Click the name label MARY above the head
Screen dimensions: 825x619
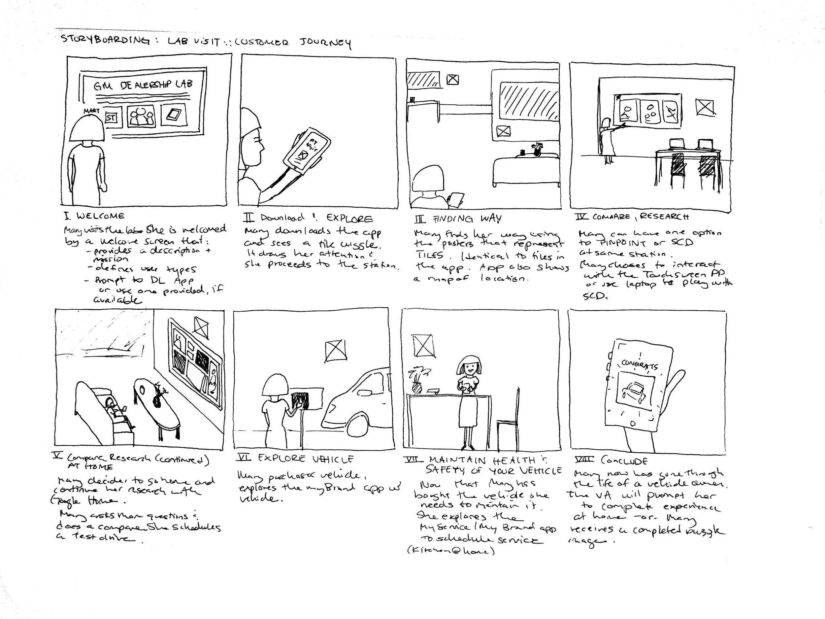pos(91,111)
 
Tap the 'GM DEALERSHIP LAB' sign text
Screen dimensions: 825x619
pos(143,86)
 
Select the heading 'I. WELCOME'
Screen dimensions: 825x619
pos(94,216)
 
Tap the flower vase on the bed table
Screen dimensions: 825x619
pos(537,149)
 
